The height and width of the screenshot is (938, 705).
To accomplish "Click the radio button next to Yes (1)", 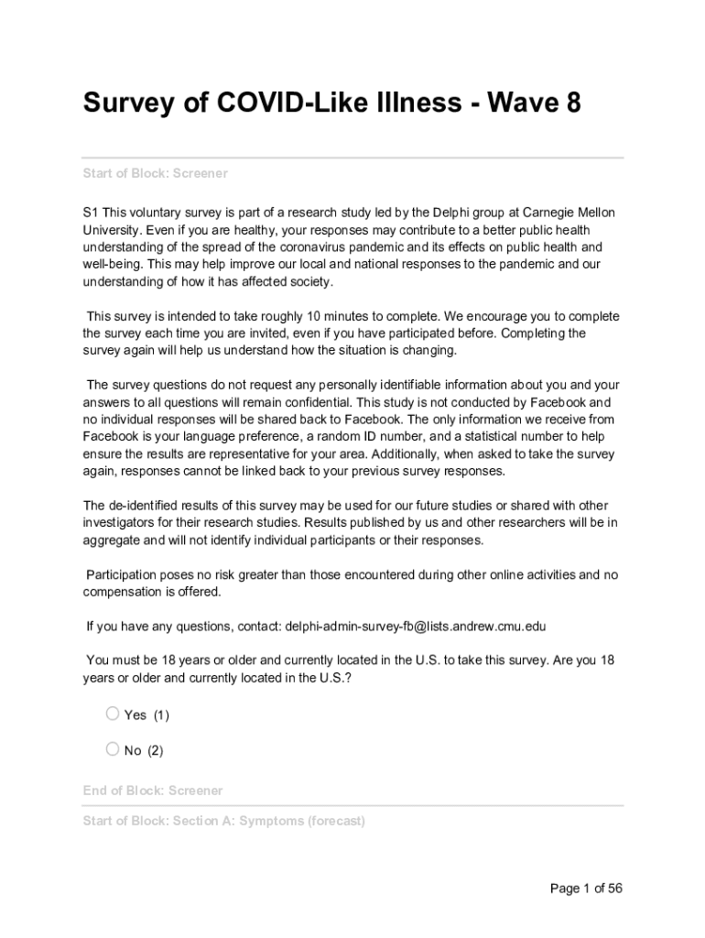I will pos(113,714).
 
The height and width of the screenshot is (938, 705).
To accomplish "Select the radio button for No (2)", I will pos(113,749).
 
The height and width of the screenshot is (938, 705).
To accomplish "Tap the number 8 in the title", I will pos(572,104).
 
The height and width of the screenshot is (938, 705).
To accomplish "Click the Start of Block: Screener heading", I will pos(155,173).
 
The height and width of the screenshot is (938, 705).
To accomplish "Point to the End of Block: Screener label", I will pos(152,791).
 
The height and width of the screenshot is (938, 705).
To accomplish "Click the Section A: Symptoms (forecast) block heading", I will pos(223,821).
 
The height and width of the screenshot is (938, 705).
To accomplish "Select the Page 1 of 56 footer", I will pos(586,889).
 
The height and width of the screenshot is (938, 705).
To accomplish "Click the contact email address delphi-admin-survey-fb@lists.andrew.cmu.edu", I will pos(416,627).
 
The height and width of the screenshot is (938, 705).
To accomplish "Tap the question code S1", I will pos(91,213).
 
